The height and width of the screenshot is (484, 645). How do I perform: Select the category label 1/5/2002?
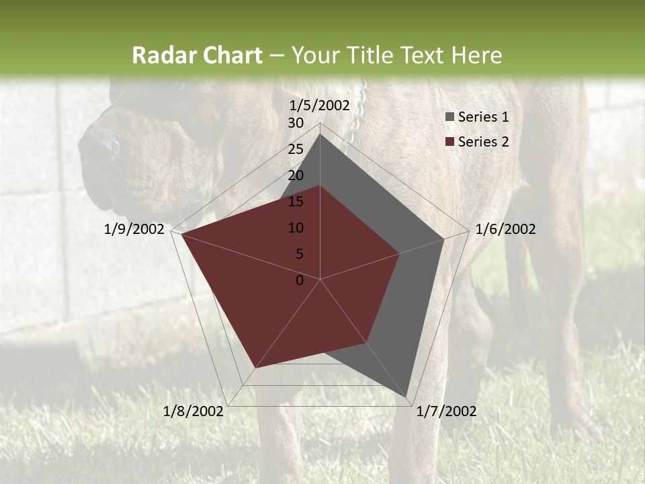(320, 105)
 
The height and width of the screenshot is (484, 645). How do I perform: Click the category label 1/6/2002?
(505, 229)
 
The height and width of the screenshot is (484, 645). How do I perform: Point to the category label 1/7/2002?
(446, 411)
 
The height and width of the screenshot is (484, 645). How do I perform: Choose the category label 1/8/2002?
(193, 411)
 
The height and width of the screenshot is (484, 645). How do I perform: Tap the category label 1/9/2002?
(134, 229)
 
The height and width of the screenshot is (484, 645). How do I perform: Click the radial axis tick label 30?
(296, 123)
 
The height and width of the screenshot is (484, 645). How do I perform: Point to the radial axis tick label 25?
(296, 149)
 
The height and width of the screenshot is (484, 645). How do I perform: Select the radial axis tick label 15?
(296, 202)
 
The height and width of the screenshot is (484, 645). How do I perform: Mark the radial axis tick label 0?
(300, 280)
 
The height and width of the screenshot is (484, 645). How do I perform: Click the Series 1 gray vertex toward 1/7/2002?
(406, 397)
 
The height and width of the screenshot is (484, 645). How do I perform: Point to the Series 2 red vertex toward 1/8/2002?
(255, 368)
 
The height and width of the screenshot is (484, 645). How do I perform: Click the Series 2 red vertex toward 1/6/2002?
(400, 253)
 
